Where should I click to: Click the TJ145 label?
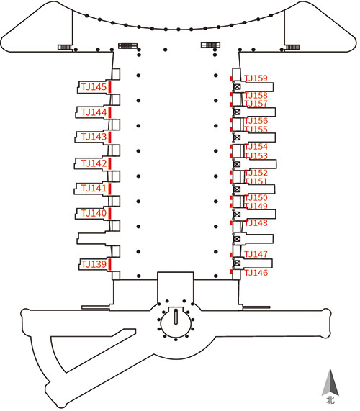[94, 87]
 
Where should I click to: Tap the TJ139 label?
[94, 264]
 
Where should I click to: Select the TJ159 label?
[256, 78]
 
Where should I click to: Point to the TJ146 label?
[256, 273]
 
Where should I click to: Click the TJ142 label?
[94, 163]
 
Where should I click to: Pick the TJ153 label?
[256, 155]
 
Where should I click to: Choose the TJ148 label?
[256, 223]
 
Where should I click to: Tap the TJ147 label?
[256, 254]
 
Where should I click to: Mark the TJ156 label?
[256, 121]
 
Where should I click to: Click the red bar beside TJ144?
[110, 112]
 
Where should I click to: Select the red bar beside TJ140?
[110, 213]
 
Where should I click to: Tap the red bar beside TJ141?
[110, 188]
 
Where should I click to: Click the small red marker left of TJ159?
[231, 78]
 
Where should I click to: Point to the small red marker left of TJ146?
[231, 272]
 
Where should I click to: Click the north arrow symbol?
[330, 382]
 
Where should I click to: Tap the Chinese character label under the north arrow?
[330, 400]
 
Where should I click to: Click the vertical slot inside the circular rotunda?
[176, 317]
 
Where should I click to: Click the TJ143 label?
[94, 137]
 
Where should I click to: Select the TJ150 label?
[256, 198]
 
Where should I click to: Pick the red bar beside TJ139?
[110, 264]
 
